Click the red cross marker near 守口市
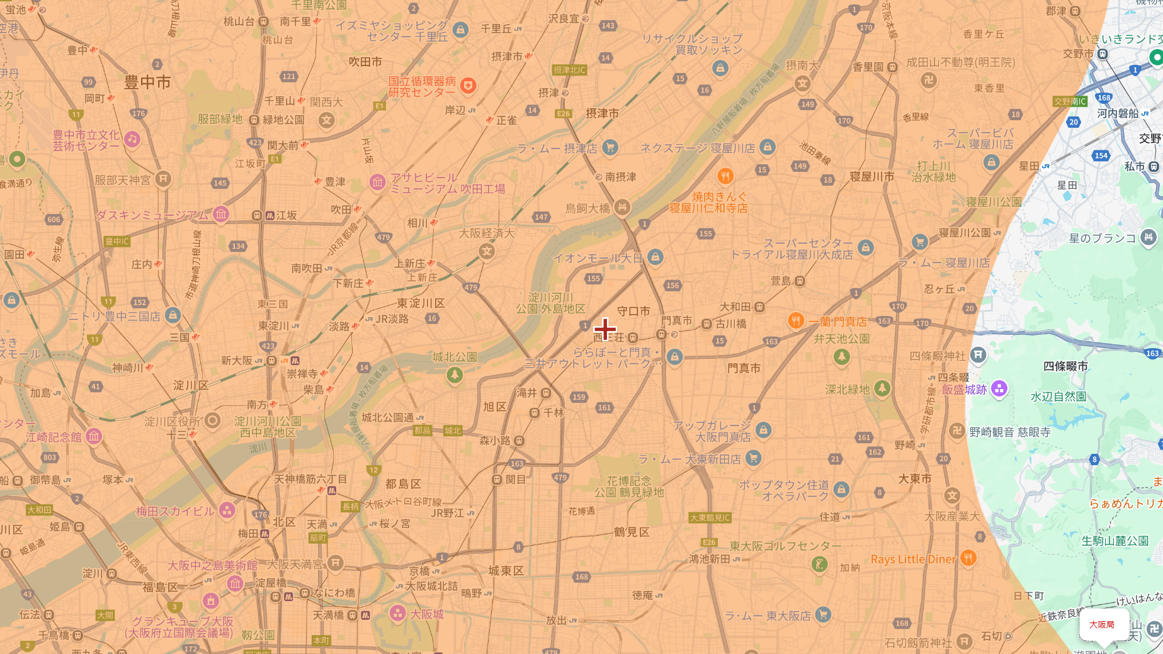pyautogui.click(x=605, y=329)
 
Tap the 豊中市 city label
pyautogui.click(x=147, y=82)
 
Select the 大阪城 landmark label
pyautogui.click(x=427, y=614)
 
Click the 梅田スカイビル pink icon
pyautogui.click(x=227, y=510)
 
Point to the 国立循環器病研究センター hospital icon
pyautogui.click(x=468, y=86)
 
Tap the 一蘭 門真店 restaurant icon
pyautogui.click(x=796, y=321)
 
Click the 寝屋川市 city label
pyautogui.click(x=871, y=177)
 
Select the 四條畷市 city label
pyautogui.click(x=1065, y=366)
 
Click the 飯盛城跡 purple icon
pyautogui.click(x=999, y=389)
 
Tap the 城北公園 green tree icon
pyautogui.click(x=455, y=376)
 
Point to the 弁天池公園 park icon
pyautogui.click(x=841, y=357)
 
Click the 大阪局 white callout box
pyautogui.click(x=1102, y=624)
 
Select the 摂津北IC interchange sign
pyautogui.click(x=569, y=70)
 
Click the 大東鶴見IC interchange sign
pyautogui.click(x=710, y=517)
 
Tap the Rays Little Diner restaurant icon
pyautogui.click(x=968, y=558)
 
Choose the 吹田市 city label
pyautogui.click(x=365, y=62)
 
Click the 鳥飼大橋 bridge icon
pyautogui.click(x=622, y=207)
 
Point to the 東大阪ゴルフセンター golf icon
pyautogui.click(x=819, y=564)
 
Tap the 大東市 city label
pyautogui.click(x=915, y=479)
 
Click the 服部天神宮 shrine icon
pyautogui.click(x=163, y=179)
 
